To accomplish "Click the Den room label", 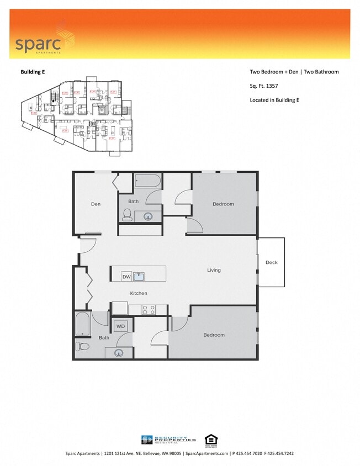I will [96, 204].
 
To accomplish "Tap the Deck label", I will [271, 262].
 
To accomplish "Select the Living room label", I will [214, 270].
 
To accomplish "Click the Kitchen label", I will [139, 293].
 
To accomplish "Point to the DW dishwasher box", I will [126, 277].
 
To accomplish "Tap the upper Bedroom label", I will [223, 204].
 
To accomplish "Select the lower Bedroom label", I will [214, 335].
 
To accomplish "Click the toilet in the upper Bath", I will [127, 214].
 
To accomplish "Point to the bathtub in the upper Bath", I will [147, 181].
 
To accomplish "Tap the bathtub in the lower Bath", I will [83, 324].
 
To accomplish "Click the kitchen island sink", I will [139, 276].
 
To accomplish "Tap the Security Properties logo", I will [169, 439].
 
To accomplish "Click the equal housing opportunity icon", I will [210, 439].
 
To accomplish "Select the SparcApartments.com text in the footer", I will [207, 453].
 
